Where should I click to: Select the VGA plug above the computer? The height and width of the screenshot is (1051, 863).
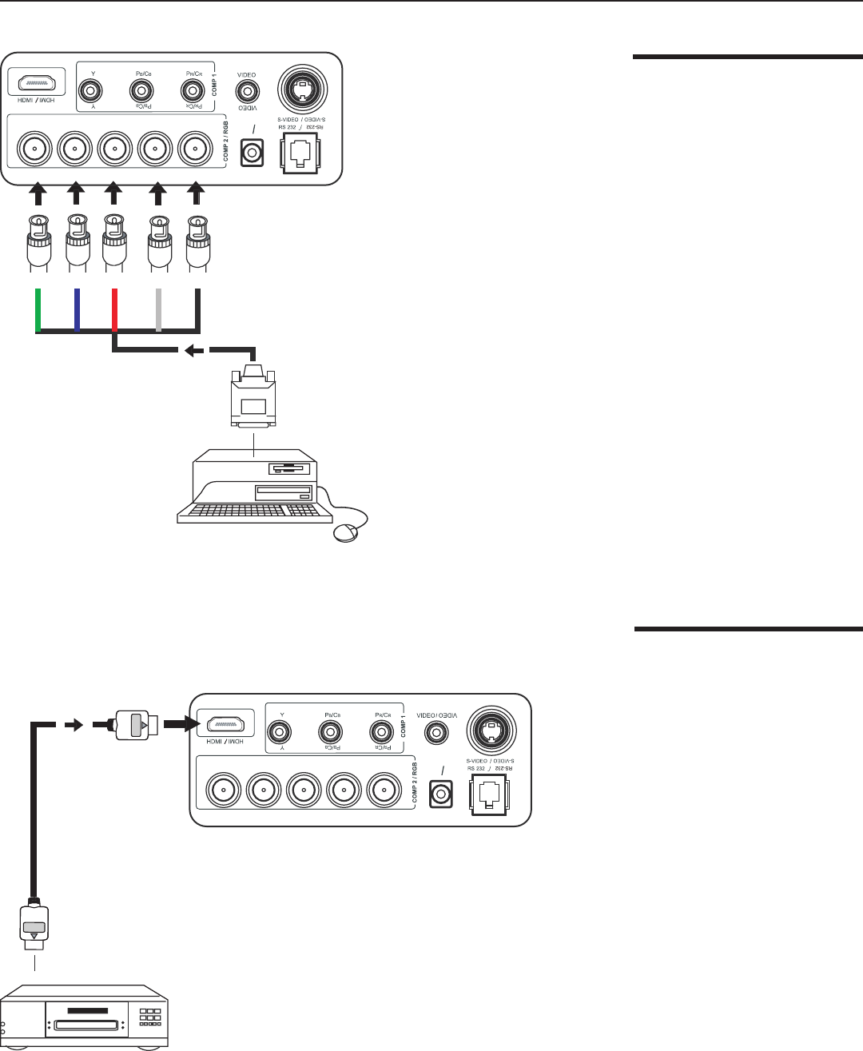pos(253,399)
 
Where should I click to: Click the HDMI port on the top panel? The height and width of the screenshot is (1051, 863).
pos(37,82)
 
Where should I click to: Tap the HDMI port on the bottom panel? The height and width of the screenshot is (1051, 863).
pos(226,726)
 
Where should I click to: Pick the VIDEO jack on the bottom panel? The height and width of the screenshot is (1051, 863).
pos(435,731)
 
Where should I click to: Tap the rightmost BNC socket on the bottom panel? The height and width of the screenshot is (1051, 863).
pos(383,791)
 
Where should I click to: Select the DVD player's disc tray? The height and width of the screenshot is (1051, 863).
pos(85,1024)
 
